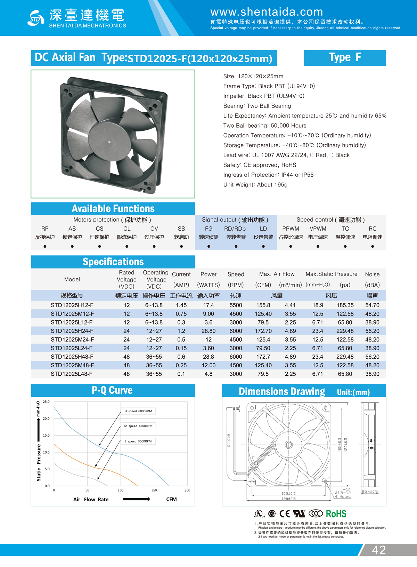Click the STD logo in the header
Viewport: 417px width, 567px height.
36,18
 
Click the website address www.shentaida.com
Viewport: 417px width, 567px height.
267,12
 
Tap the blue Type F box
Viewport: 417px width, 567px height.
345,58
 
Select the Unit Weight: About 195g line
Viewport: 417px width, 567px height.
255,185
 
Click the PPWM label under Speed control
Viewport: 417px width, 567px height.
291,229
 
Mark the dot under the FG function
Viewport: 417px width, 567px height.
208,246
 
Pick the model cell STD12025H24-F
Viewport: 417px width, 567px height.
72,331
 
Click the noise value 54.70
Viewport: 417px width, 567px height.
372,305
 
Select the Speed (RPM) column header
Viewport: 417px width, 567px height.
236,279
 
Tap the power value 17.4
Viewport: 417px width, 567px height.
208,305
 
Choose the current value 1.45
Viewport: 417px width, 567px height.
181,305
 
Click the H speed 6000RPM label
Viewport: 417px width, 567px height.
138,411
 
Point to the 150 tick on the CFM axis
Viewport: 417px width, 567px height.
154,490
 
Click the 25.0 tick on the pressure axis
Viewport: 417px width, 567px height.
46,402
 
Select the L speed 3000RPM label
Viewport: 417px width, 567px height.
138,441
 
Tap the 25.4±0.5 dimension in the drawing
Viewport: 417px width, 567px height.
370,492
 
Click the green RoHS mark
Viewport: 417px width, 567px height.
336,514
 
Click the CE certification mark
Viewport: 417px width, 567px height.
285,514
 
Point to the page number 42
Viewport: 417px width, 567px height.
379,550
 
